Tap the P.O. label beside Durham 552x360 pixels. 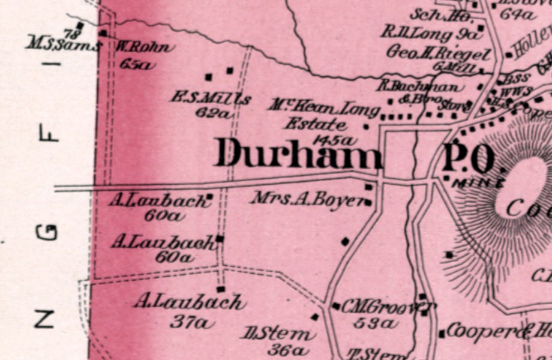(470, 158)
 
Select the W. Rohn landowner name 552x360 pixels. (144, 47)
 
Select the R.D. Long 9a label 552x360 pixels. (431, 33)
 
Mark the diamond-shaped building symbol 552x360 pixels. (345, 241)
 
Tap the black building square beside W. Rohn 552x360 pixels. (103, 34)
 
